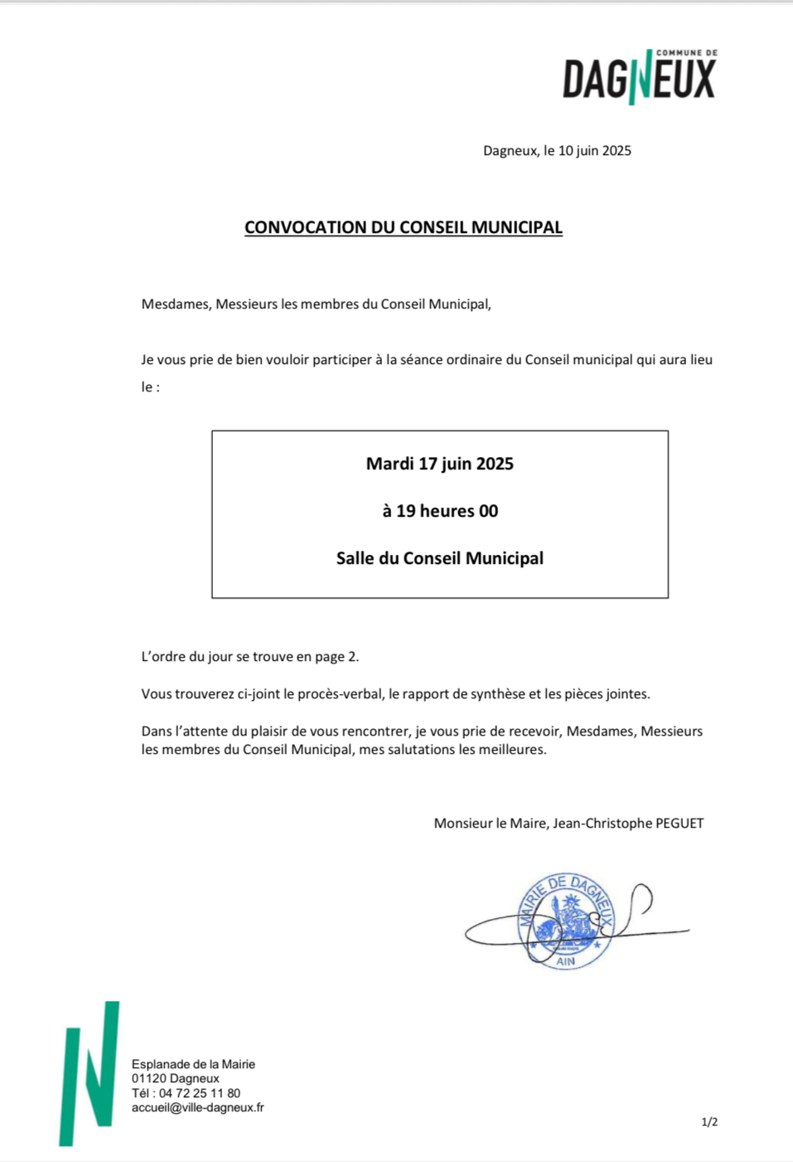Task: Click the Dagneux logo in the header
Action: coord(640,77)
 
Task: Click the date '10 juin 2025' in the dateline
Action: coord(594,151)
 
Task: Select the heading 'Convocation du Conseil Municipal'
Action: coord(404,228)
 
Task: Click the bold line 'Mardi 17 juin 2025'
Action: coord(440,464)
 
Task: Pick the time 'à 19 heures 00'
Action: coord(440,511)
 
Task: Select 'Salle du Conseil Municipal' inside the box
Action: coord(440,558)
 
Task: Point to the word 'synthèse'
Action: coord(496,694)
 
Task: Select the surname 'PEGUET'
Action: coord(679,824)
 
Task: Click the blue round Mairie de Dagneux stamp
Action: coord(566,921)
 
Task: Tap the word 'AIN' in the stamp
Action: coord(566,961)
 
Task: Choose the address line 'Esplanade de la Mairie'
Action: coord(193,1064)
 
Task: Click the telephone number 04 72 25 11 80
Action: coord(200,1093)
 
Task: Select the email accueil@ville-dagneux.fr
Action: coord(198,1107)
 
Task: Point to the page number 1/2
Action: coord(709,1122)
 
